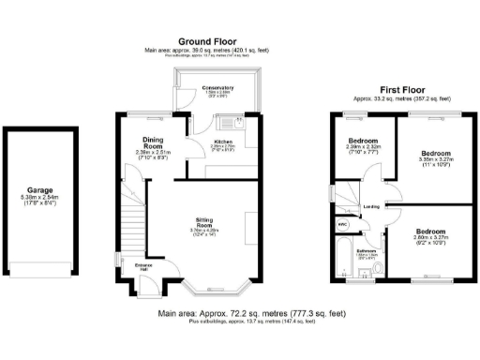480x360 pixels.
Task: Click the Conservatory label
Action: (x=217, y=88)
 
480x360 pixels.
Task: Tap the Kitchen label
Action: (x=197, y=141)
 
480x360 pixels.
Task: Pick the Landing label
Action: (x=371, y=206)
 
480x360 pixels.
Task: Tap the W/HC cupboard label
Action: (x=342, y=224)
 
